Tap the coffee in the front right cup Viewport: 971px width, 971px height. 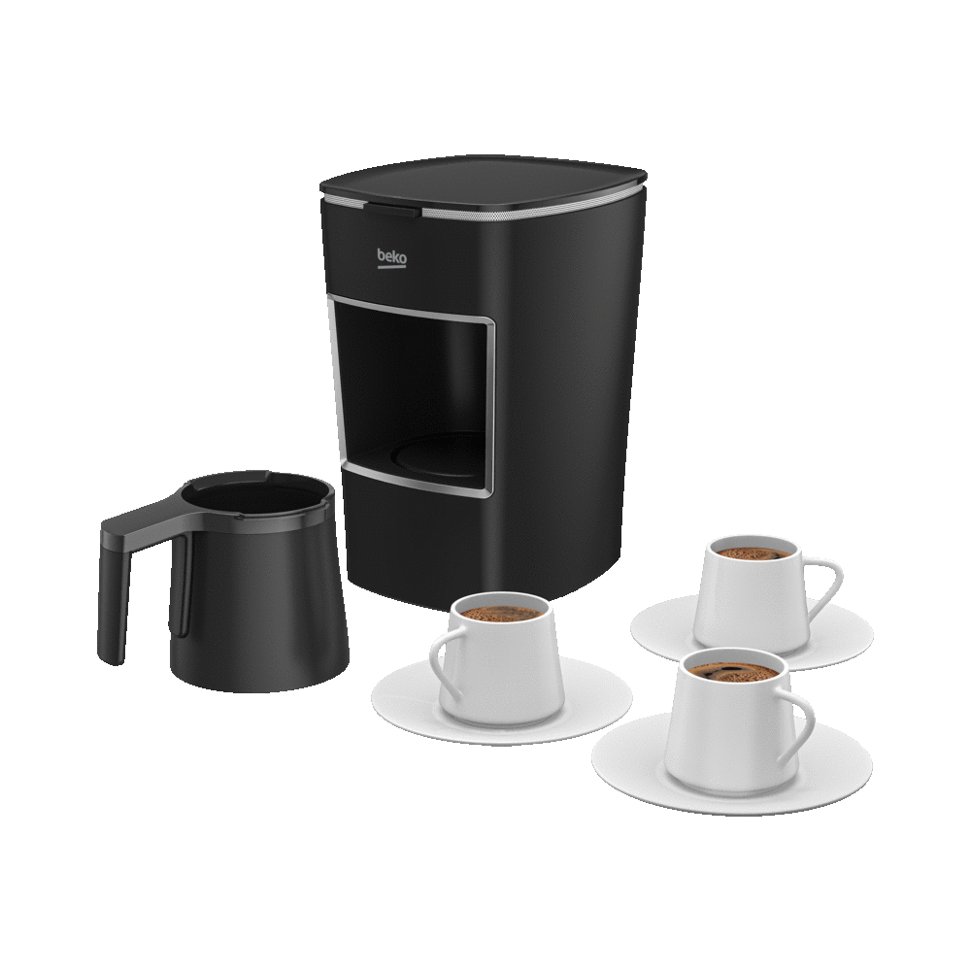pos(734,672)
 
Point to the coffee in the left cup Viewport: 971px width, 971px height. pos(501,613)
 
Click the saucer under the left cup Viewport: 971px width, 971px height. pos(501,702)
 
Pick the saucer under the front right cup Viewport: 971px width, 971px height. pos(732,767)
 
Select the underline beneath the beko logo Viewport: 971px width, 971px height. pos(392,267)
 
